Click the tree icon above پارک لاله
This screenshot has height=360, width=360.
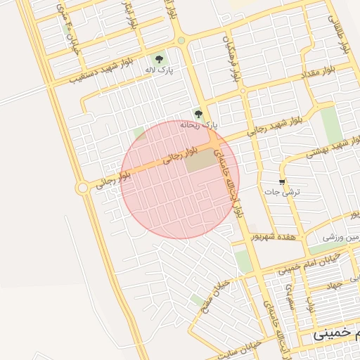point(160,59)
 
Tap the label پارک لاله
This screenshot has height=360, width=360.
point(159,70)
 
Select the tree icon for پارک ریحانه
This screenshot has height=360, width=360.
point(199,114)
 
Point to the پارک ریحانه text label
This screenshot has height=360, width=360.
point(199,124)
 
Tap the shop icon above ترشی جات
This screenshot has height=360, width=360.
point(283,181)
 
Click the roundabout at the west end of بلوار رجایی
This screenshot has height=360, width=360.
point(82,187)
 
